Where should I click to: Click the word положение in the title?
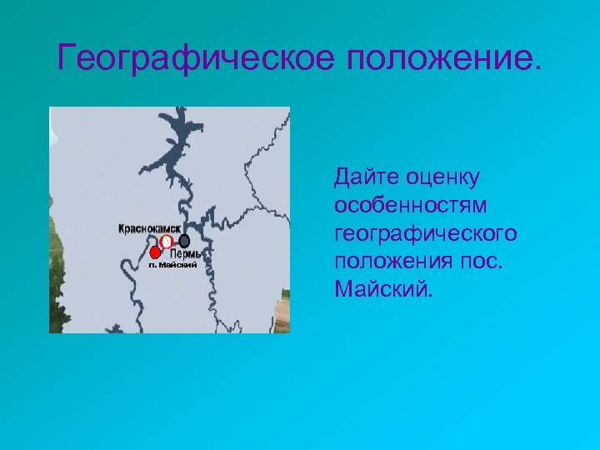436,58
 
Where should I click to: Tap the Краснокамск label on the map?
150,227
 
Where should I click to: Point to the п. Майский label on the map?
172,265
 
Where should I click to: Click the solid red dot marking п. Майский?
155,252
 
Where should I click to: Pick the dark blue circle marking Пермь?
184,241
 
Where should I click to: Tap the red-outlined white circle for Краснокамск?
166,242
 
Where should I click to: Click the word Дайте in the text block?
365,177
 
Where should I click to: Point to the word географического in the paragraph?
425,234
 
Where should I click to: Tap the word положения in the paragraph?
392,262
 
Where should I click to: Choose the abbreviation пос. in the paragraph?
480,262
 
